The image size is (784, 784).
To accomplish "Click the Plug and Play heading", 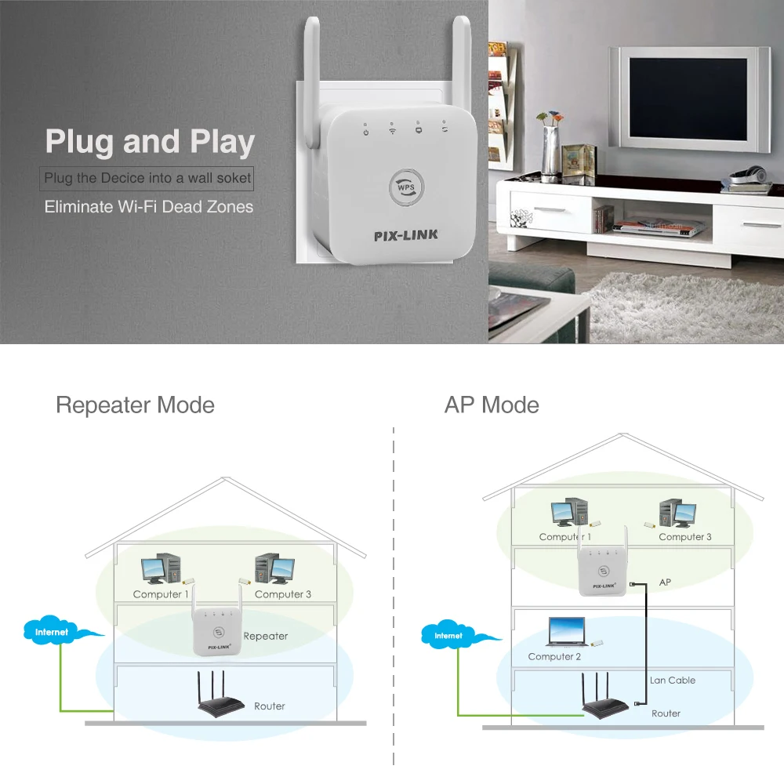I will click(x=150, y=142).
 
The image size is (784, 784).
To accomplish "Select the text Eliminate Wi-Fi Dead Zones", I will click(x=149, y=207).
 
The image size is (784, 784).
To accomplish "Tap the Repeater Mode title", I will click(x=135, y=405).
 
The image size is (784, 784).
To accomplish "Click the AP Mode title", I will click(x=492, y=405).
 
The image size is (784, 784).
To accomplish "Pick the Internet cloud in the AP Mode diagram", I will click(x=449, y=635).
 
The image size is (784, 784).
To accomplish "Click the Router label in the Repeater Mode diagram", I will click(x=269, y=706).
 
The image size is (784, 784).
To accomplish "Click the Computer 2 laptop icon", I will click(x=566, y=631).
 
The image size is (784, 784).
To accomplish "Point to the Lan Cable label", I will click(x=673, y=681).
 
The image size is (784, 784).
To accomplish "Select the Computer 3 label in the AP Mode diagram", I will click(x=685, y=537).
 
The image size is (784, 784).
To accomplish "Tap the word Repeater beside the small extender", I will click(x=266, y=636).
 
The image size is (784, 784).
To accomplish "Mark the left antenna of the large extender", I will click(x=311, y=86).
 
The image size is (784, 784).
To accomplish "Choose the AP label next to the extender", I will click(x=666, y=583).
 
